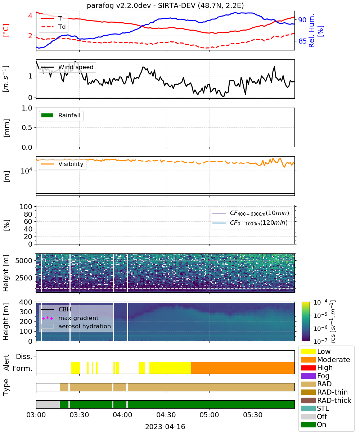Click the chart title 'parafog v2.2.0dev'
[119, 5]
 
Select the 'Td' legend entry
[53, 27]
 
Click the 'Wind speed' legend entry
[67, 67]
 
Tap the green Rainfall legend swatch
[48, 115]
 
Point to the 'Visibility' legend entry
[62, 164]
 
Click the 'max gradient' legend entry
[70, 318]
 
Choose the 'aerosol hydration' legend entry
[76, 326]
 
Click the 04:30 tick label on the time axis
[166, 415]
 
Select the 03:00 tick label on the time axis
[36, 415]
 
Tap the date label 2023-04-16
[165, 427]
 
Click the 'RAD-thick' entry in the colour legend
[326, 400]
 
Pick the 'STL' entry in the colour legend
[315, 408]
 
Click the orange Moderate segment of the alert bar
[243, 368]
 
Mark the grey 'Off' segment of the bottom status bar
[48, 404]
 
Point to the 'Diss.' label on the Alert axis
[24, 356]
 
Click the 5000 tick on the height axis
[24, 261]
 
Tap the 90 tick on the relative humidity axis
[302, 20]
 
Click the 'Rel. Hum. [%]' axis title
[316, 31]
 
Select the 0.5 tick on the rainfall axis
[27, 128]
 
